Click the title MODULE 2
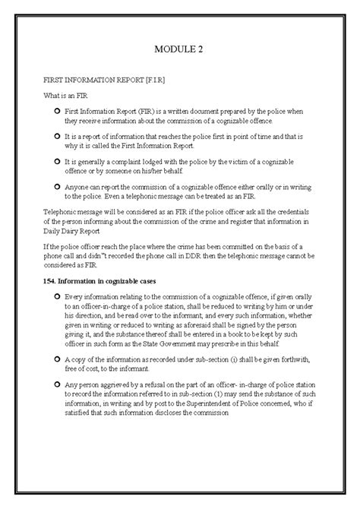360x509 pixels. (180, 49)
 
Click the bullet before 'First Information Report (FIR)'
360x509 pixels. (58, 112)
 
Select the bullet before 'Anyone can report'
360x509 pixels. (58, 185)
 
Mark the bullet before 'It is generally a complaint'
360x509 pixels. (58, 161)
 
